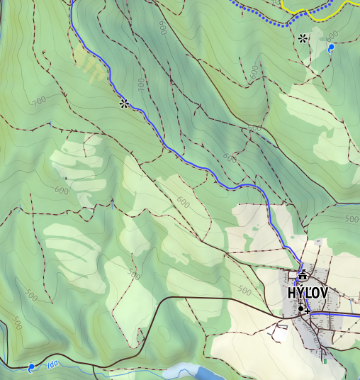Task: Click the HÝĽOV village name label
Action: [x=308, y=293]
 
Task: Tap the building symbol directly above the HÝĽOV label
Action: [x=303, y=275]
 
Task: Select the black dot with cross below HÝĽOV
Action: [x=300, y=308]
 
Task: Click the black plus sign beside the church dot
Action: [x=308, y=311]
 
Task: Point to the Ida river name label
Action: [x=52, y=365]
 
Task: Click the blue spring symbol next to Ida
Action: [x=31, y=368]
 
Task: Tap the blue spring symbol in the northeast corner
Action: [x=331, y=48]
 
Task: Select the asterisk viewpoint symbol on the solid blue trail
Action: [x=124, y=104]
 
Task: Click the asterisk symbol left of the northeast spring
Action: [x=303, y=38]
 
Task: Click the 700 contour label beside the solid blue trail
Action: [x=141, y=84]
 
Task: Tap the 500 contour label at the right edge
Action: [x=351, y=219]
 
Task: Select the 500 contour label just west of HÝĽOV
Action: [x=244, y=291]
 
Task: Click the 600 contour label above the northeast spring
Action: [x=332, y=35]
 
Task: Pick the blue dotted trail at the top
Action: [x=269, y=19]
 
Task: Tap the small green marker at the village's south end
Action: [x=325, y=361]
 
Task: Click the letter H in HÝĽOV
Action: [x=292, y=293]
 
